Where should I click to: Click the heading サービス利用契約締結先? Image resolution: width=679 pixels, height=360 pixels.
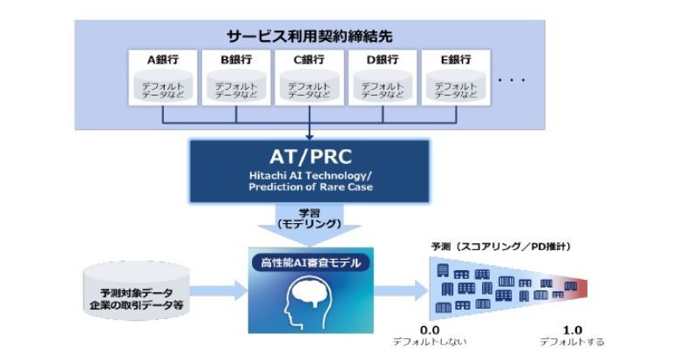[309, 38]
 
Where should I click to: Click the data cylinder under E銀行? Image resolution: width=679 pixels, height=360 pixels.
[456, 87]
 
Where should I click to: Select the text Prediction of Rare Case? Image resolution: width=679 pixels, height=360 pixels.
[310, 187]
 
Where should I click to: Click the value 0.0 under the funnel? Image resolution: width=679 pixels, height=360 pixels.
[430, 330]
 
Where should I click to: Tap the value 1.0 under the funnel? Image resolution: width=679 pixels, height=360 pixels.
[571, 330]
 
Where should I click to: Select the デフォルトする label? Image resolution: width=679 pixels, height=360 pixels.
[571, 342]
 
